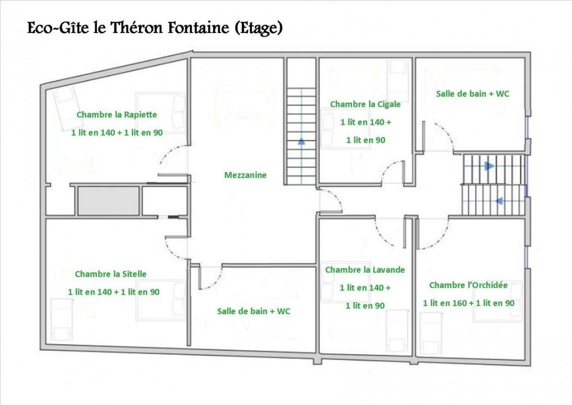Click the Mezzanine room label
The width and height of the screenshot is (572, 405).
[x=245, y=175]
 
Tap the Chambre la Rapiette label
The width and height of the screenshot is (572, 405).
[x=117, y=115]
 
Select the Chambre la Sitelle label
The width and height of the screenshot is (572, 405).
[x=111, y=274]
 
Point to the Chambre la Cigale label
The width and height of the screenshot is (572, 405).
[x=365, y=104]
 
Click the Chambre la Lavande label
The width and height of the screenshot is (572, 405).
[x=365, y=270]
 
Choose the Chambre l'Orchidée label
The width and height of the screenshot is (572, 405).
[x=468, y=285]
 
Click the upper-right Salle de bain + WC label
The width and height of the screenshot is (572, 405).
[x=472, y=94]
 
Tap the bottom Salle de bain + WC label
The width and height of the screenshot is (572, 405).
[x=254, y=311]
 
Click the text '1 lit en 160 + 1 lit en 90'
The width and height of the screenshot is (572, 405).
[x=469, y=303]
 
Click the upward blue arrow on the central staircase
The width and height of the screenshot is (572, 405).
[x=301, y=141]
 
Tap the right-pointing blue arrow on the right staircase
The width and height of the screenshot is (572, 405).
[x=489, y=166]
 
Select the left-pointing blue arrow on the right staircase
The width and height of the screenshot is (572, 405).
[x=499, y=200]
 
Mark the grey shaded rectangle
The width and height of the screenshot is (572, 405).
[x=108, y=201]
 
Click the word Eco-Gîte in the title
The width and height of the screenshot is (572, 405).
[x=58, y=28]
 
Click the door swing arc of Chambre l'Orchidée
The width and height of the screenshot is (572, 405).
[x=441, y=239]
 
